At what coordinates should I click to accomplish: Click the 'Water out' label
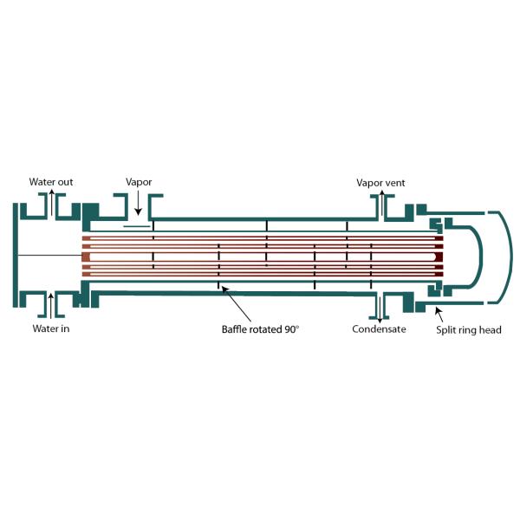(49, 182)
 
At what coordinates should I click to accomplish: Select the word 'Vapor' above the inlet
(140, 183)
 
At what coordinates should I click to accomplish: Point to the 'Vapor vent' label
(380, 183)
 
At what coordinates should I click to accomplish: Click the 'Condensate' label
(379, 328)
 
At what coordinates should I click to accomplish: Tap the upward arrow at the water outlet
(51, 203)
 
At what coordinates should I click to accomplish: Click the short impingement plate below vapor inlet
(137, 227)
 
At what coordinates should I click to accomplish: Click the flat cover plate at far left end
(16, 254)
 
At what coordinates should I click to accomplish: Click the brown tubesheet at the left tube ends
(86, 255)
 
